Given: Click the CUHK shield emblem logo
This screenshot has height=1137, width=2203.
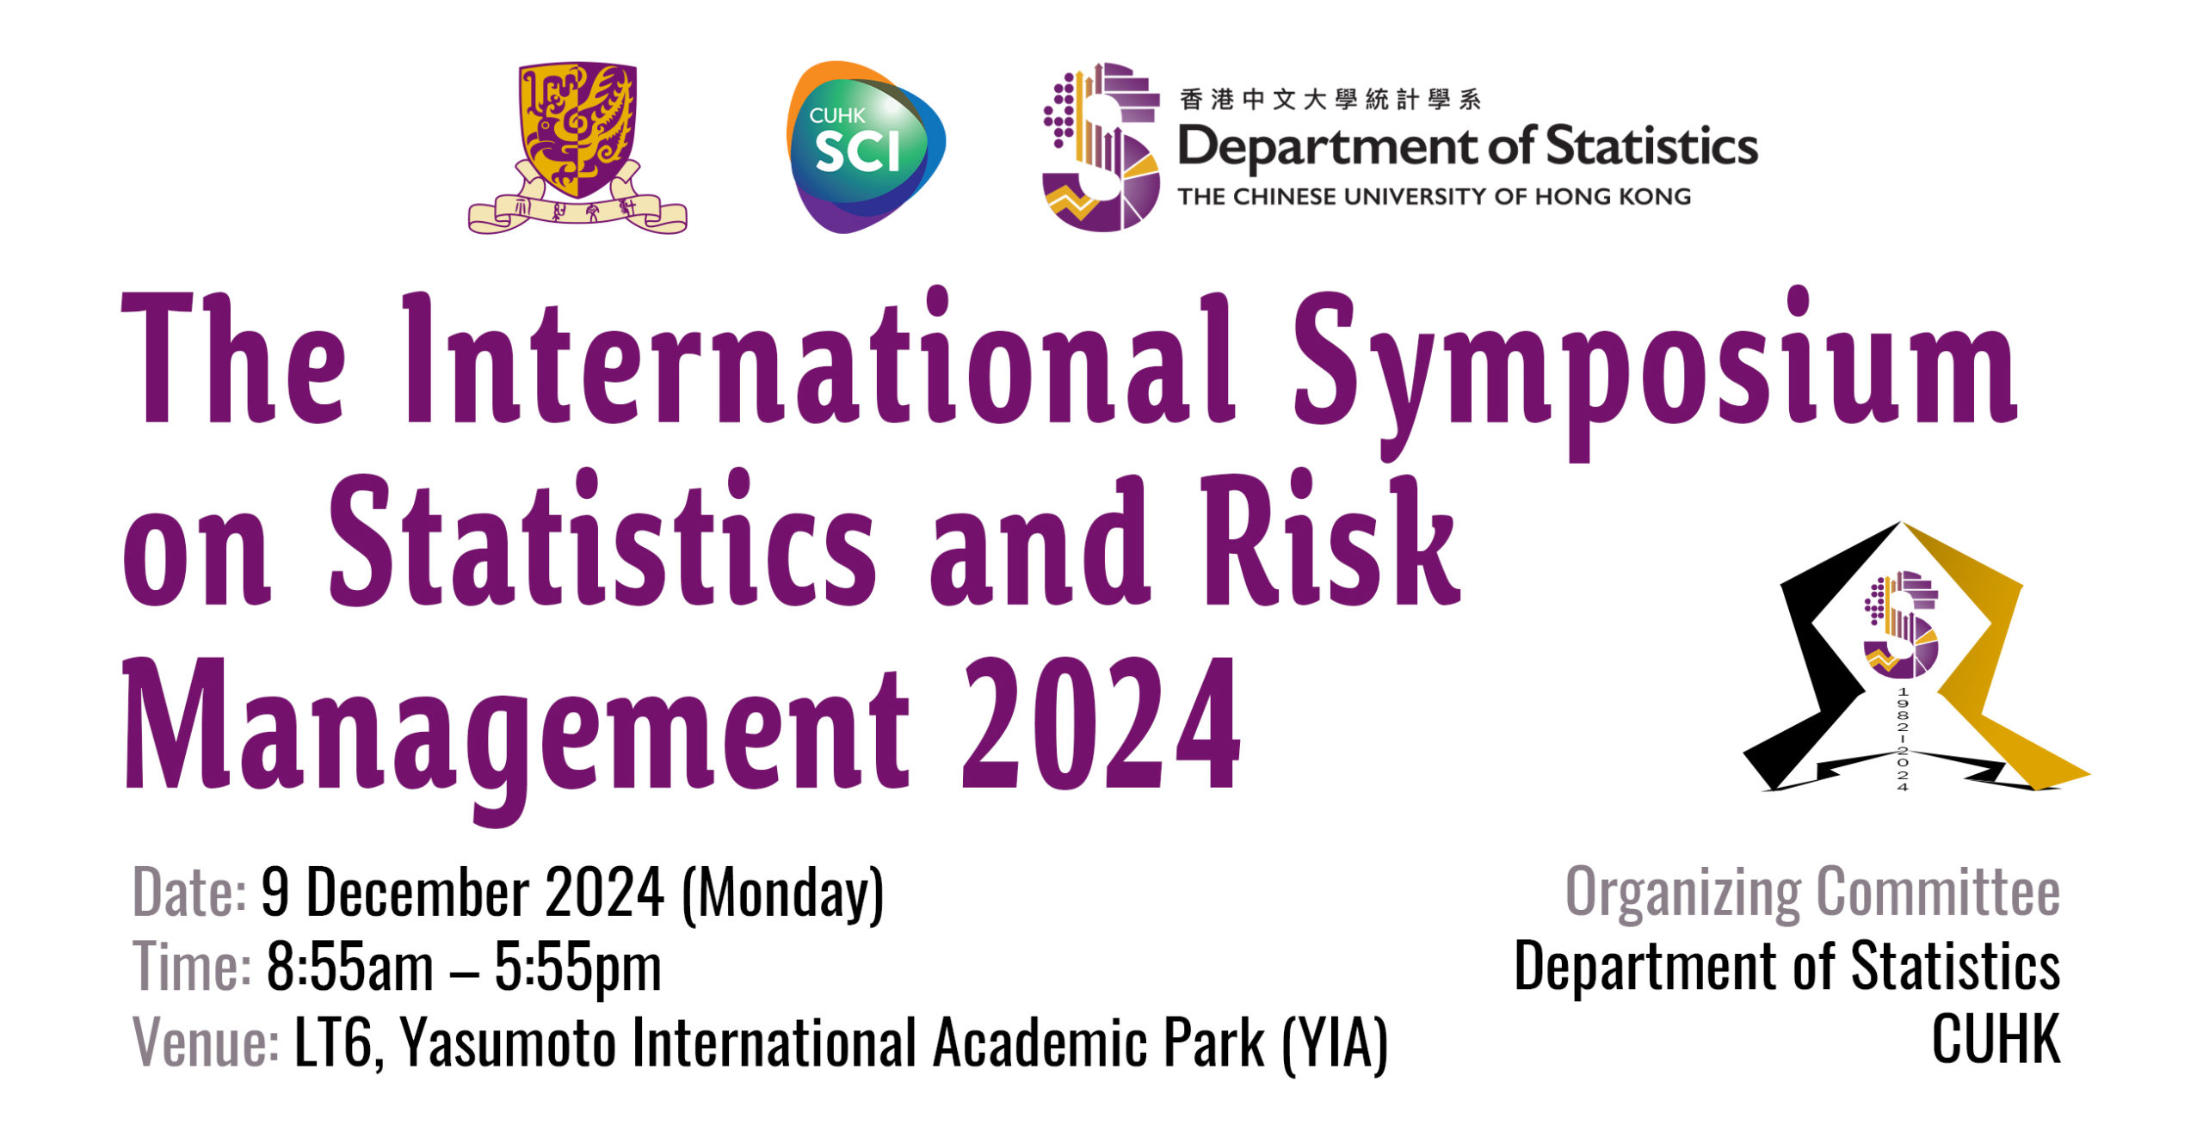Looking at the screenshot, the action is click(577, 147).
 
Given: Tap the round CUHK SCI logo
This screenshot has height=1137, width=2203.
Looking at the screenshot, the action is click(865, 147).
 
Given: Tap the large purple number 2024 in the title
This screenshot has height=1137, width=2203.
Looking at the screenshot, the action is click(1101, 722).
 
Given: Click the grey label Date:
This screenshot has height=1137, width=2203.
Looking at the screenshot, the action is click(189, 892).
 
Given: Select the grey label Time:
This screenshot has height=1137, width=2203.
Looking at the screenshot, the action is click(192, 966).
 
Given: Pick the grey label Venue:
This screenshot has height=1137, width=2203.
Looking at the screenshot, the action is click(206, 1042).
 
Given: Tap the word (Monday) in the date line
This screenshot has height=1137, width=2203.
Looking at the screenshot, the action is click(783, 894).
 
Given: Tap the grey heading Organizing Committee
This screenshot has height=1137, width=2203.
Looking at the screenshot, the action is click(1812, 894).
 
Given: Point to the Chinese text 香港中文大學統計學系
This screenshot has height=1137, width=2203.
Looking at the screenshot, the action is click(1330, 100).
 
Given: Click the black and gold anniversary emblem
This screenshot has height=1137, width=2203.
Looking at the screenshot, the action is click(1916, 657).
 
